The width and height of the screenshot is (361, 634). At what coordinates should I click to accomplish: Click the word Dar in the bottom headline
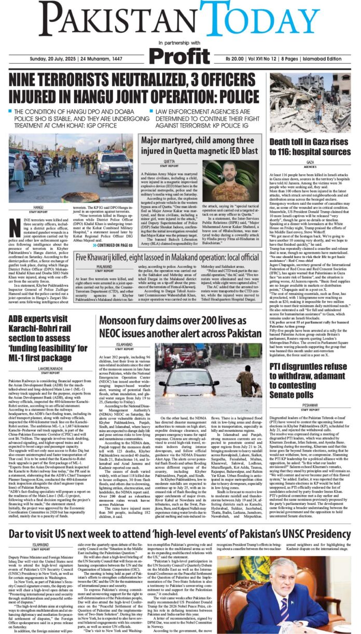18,533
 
